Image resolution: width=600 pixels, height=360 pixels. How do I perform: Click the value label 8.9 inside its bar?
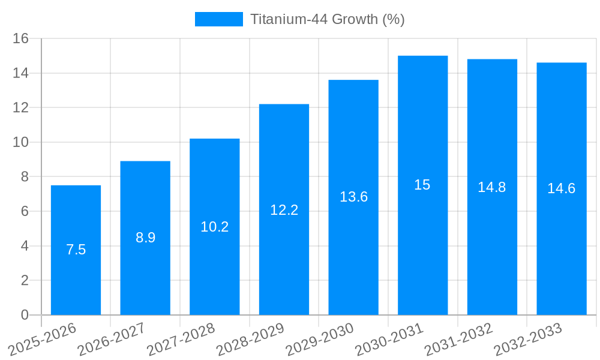pyautogui.click(x=145, y=238)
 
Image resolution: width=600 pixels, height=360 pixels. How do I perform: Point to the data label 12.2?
pyautogui.click(x=284, y=210)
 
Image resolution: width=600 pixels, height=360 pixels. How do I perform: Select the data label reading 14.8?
pyautogui.click(x=492, y=187)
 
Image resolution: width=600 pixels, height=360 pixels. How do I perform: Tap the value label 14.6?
pyautogui.click(x=561, y=188)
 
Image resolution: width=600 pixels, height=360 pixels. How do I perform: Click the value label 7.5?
pyautogui.click(x=76, y=250)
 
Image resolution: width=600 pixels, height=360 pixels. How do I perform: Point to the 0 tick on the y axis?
pyautogui.click(x=25, y=315)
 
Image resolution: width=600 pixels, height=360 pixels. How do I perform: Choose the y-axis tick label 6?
pyautogui.click(x=25, y=211)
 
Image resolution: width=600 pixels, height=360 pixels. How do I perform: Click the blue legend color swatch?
pyautogui.click(x=219, y=19)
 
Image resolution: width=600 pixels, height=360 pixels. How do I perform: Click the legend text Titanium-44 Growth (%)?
pyautogui.click(x=327, y=19)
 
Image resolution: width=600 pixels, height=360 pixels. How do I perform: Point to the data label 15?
pyautogui.click(x=422, y=185)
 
